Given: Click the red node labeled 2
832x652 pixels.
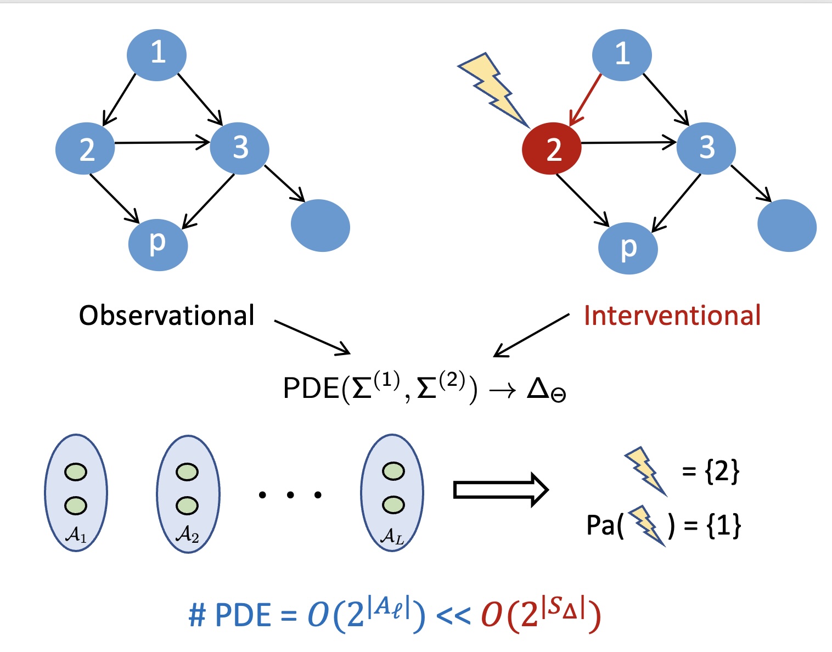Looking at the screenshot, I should tap(552, 148).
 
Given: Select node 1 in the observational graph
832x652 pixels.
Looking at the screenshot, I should tap(157, 55).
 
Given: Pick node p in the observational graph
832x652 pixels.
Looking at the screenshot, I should tap(158, 245).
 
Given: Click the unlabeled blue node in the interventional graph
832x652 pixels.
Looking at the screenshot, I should tap(786, 226).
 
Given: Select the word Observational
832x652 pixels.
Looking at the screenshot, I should tap(167, 316).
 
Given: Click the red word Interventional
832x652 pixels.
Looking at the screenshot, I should tap(672, 316).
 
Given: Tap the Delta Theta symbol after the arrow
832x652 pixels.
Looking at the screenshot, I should tap(546, 390).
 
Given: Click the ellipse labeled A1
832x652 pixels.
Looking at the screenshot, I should tap(76, 493).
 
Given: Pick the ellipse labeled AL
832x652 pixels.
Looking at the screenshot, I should tap(392, 493).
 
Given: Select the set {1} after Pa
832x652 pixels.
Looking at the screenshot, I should tap(724, 525).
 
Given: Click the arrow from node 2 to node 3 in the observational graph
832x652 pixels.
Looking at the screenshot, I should tap(162, 143).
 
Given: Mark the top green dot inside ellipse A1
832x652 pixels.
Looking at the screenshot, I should tap(75, 472).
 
